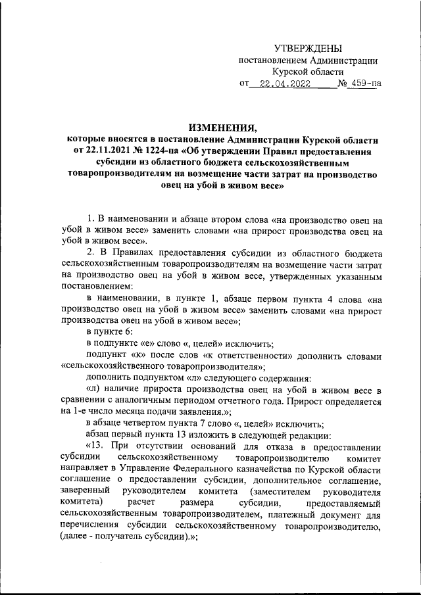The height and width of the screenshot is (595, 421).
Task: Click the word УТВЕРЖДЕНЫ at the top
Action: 308,49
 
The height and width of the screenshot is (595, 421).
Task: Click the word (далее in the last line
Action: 76,538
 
